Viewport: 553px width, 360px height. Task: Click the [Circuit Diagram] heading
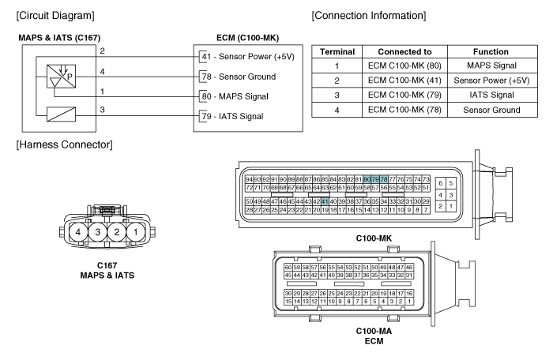click(55, 16)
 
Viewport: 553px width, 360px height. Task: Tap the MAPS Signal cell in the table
click(492, 66)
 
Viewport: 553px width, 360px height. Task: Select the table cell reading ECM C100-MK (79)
click(404, 96)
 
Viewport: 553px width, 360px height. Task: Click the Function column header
click(491, 52)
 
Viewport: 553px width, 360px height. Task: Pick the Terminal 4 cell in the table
click(337, 110)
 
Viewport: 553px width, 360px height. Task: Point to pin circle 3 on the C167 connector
click(97, 232)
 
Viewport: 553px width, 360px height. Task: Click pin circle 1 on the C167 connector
click(135, 232)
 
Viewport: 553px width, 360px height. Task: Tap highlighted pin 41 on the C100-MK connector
click(325, 201)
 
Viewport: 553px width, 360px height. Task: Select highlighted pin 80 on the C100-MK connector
click(367, 179)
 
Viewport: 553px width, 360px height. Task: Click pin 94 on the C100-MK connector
click(249, 179)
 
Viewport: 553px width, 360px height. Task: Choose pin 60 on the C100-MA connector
click(288, 268)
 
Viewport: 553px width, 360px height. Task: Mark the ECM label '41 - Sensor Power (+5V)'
click(248, 56)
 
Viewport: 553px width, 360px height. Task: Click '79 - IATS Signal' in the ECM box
click(232, 116)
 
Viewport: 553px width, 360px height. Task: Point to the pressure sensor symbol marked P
click(61, 76)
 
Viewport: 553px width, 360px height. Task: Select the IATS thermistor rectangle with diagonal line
click(61, 114)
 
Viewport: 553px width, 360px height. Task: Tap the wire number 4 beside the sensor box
click(102, 72)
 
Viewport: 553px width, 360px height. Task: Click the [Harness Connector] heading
click(64, 145)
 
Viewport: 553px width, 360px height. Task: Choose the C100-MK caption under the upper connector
click(374, 238)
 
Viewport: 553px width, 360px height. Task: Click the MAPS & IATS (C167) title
click(59, 38)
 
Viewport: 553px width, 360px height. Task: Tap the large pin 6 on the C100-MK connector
click(441, 183)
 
